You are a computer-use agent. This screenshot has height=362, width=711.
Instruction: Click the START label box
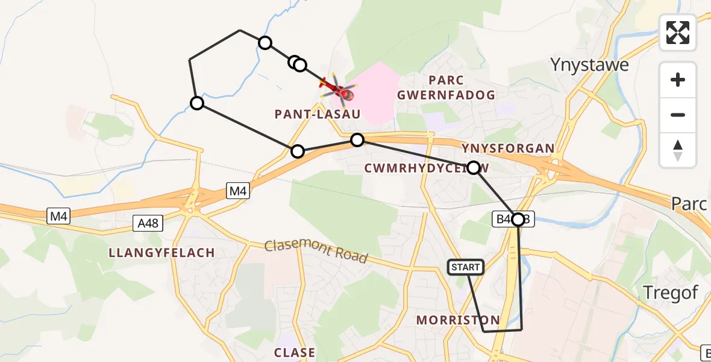(x=466, y=267)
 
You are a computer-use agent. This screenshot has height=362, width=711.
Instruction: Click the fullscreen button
(x=678, y=32)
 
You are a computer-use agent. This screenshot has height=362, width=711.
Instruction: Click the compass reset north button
(x=678, y=150)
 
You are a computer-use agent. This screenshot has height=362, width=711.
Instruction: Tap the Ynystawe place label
(x=590, y=65)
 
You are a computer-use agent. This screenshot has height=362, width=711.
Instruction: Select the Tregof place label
(x=671, y=293)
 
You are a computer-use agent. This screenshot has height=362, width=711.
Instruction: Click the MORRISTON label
(x=458, y=320)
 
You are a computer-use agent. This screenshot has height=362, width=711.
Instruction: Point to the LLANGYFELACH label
(x=162, y=252)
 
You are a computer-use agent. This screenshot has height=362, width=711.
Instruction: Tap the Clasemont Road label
(x=316, y=250)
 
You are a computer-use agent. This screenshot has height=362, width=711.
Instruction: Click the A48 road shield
(x=148, y=224)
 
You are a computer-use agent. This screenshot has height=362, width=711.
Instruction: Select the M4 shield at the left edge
(x=58, y=215)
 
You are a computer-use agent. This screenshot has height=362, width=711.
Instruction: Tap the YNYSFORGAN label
(x=507, y=148)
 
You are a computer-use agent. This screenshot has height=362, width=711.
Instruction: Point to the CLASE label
(x=295, y=352)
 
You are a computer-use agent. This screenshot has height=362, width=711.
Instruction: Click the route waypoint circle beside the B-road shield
(x=518, y=219)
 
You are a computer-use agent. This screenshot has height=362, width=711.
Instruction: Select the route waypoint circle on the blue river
(x=197, y=104)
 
